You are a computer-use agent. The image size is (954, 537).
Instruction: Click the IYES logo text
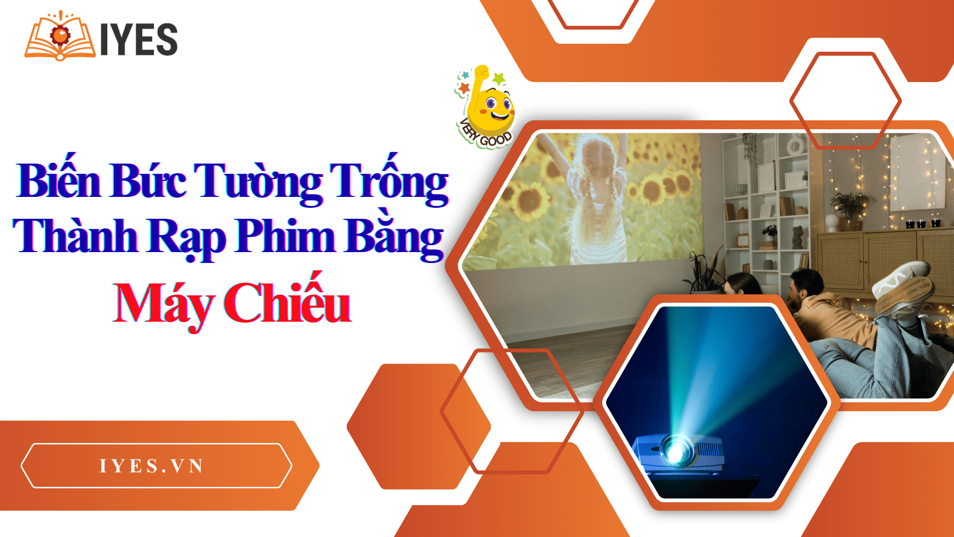point(139,39)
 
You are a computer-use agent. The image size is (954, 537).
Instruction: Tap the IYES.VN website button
point(156,465)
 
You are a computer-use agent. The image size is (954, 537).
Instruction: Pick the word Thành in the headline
point(75,236)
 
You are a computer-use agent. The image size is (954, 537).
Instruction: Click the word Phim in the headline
point(286,236)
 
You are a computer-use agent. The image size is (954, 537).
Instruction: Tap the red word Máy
point(163,303)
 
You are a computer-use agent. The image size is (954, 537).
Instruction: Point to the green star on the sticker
point(499,78)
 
